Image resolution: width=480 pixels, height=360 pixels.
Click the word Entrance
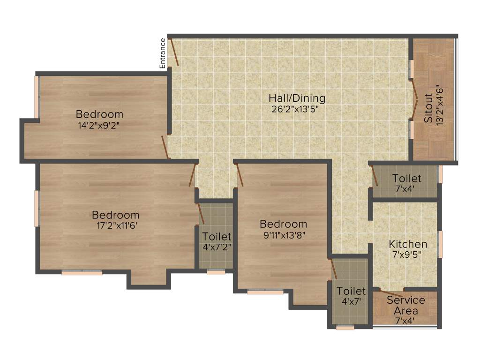(x=163, y=53)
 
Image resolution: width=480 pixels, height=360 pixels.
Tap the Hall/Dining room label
(x=297, y=98)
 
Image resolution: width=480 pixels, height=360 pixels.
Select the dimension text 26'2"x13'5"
(x=297, y=109)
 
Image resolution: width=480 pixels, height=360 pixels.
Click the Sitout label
(x=429, y=109)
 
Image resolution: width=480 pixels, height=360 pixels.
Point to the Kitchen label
(x=408, y=244)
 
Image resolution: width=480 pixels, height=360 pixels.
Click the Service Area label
(x=406, y=305)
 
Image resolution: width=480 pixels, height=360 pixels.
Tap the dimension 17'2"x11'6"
(x=115, y=225)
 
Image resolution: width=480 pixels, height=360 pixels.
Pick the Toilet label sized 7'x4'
(x=407, y=179)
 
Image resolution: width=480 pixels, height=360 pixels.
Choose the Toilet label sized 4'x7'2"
(x=217, y=236)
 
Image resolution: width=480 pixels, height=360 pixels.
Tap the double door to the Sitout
(x=415, y=98)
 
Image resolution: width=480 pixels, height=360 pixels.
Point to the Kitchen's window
(x=440, y=244)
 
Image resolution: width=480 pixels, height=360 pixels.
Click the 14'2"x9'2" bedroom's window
(x=37, y=97)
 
